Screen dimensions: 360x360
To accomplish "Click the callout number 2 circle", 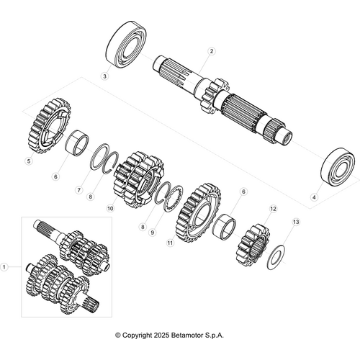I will coord(211,51).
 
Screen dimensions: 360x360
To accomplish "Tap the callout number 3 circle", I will coord(104,76).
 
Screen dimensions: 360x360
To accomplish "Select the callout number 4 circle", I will coord(313,196).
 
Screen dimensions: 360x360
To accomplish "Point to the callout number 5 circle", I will coord(29,161).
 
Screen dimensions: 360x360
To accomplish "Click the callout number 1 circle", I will coord(6,266).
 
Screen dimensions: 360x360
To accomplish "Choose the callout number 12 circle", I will coord(272,209).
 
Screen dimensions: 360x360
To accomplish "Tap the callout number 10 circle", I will coord(110,208).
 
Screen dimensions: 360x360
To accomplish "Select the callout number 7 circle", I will coord(79,190).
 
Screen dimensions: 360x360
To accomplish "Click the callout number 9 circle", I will coord(153,232).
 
